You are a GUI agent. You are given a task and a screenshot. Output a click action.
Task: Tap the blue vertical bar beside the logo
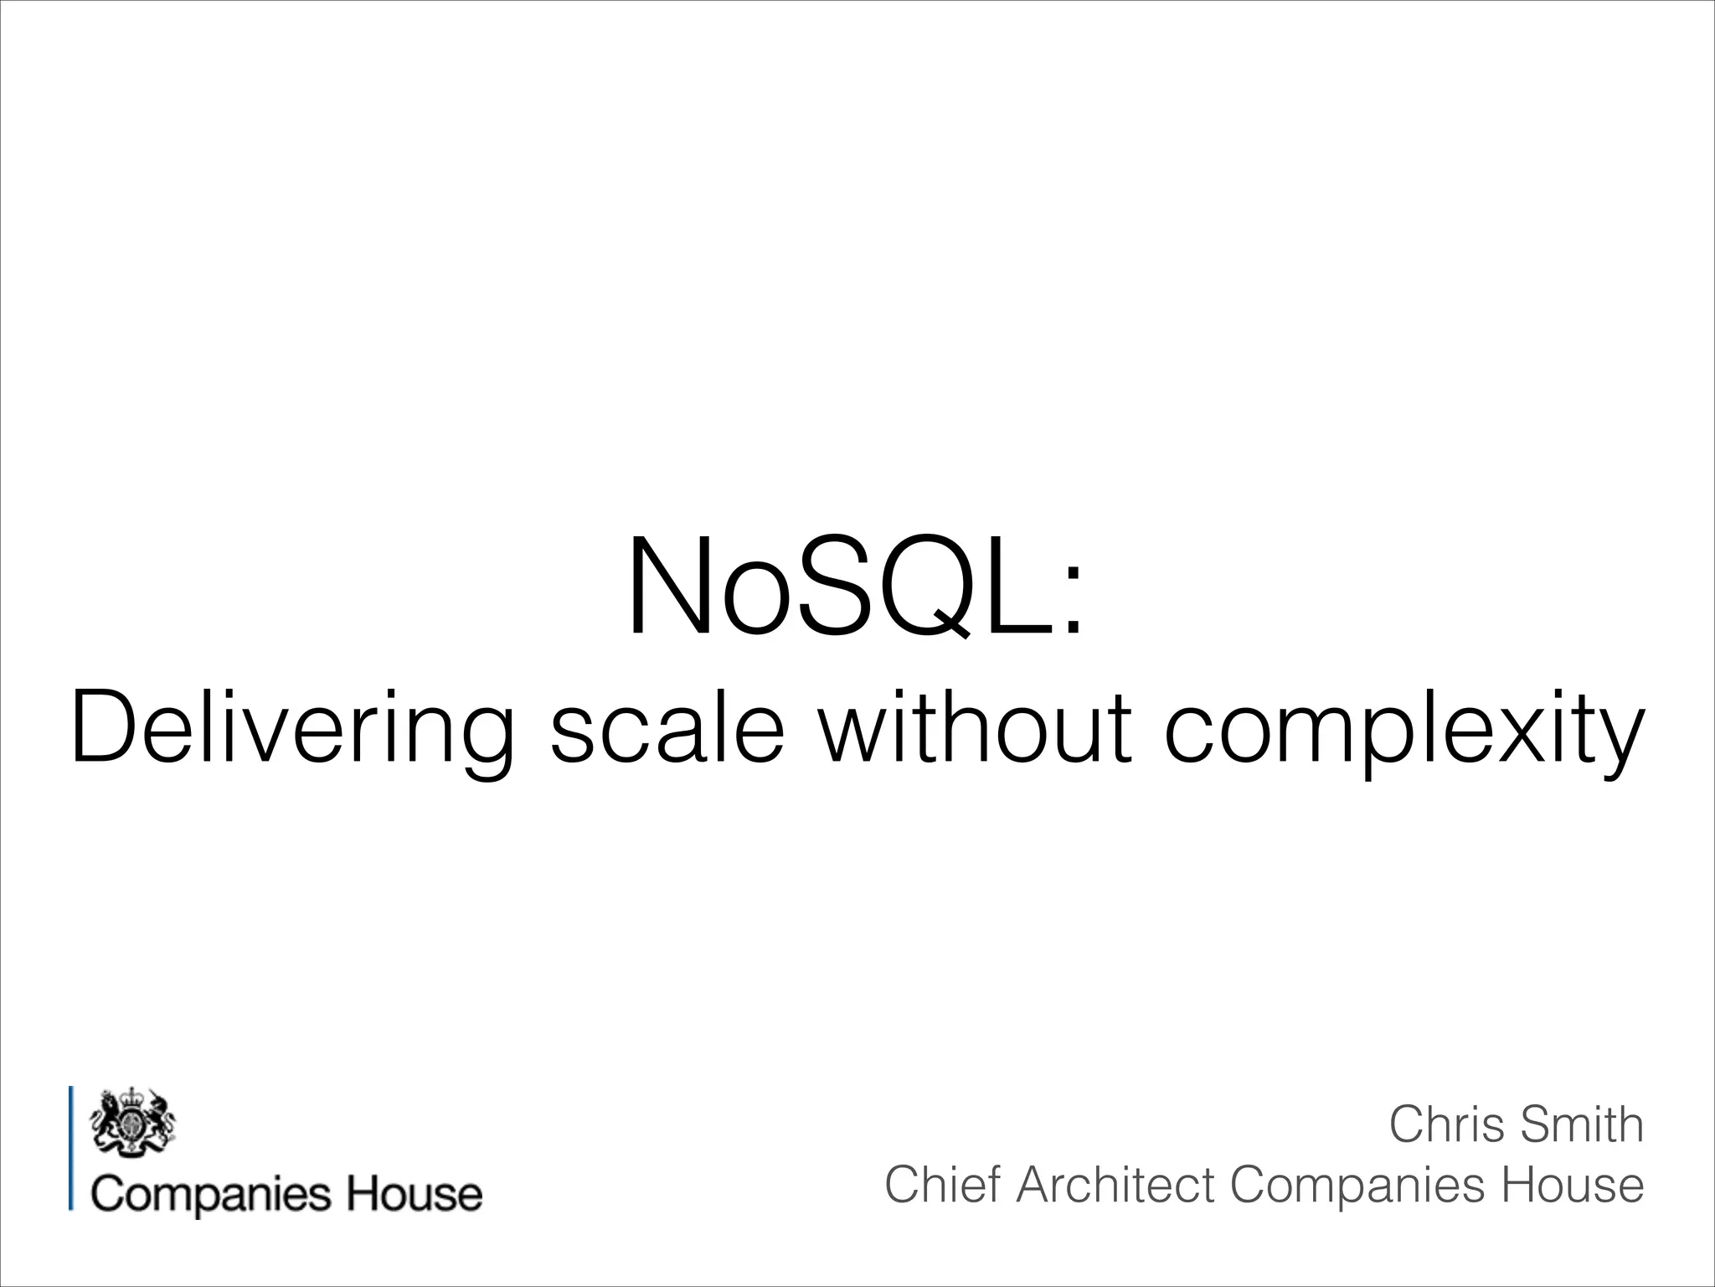[x=71, y=1147]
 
